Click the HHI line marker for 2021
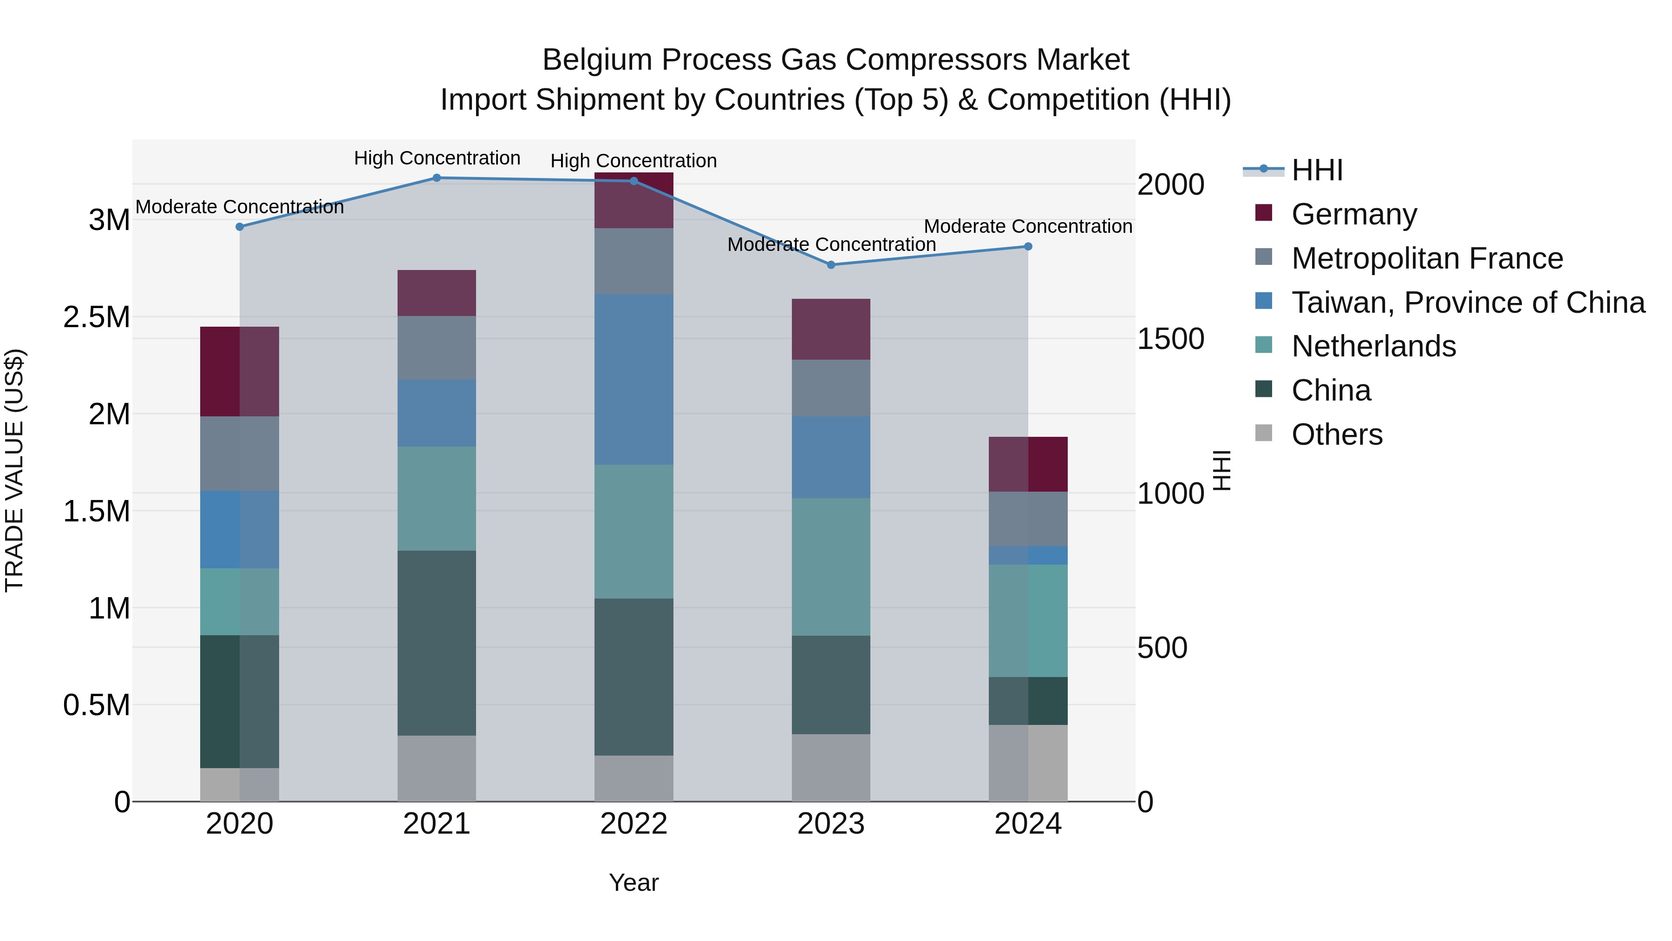coord(437,178)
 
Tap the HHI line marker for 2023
coord(831,265)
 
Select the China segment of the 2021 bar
coord(437,643)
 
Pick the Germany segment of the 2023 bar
coord(831,329)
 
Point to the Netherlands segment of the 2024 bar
coord(1028,621)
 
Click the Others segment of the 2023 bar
coord(831,768)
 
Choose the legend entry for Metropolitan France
coord(1427,258)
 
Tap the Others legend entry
coord(1336,434)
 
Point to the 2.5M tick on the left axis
coord(96,317)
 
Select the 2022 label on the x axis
coord(634,824)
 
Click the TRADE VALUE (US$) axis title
coord(14,470)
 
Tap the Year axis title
coord(634,882)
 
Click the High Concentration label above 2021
coord(437,158)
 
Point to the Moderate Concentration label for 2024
coord(1028,227)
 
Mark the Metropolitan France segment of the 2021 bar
coord(437,348)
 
